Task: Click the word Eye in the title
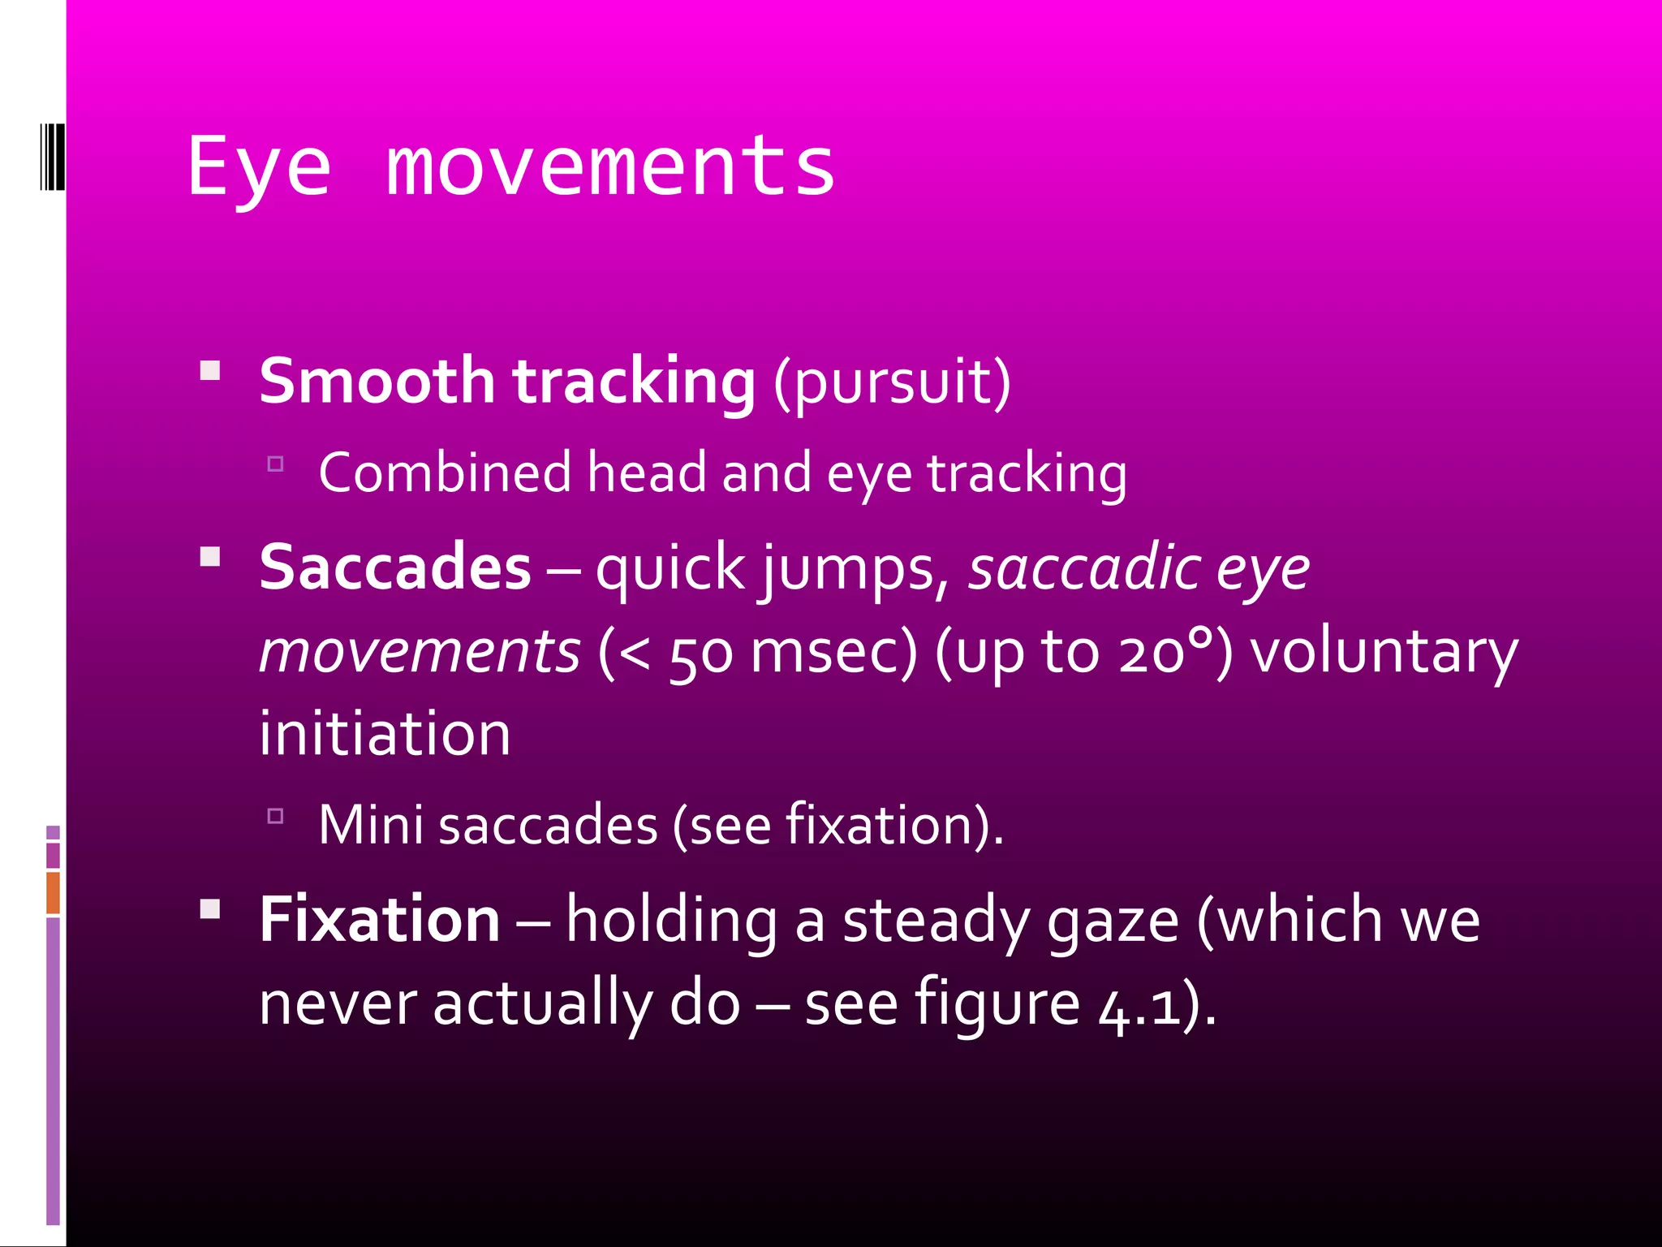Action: [259, 168]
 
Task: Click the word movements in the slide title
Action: [610, 168]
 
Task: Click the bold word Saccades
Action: [395, 567]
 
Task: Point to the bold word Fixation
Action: [380, 920]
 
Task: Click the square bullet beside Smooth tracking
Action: [210, 371]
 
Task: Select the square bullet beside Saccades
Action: [210, 557]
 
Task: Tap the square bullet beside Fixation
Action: [210, 908]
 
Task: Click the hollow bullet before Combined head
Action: [275, 464]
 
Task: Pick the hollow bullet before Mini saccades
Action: [275, 816]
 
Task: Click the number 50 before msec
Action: [701, 654]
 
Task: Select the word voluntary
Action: [1383, 653]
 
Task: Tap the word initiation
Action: [385, 734]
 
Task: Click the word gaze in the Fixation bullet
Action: [1113, 922]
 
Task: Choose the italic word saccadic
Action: [1084, 568]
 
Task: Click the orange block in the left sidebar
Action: [54, 893]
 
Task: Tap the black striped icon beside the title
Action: [52, 157]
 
